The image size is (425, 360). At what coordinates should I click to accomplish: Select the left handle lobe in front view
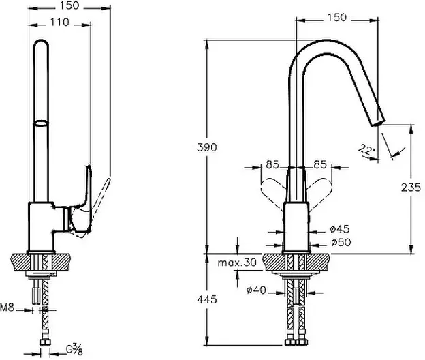273,188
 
